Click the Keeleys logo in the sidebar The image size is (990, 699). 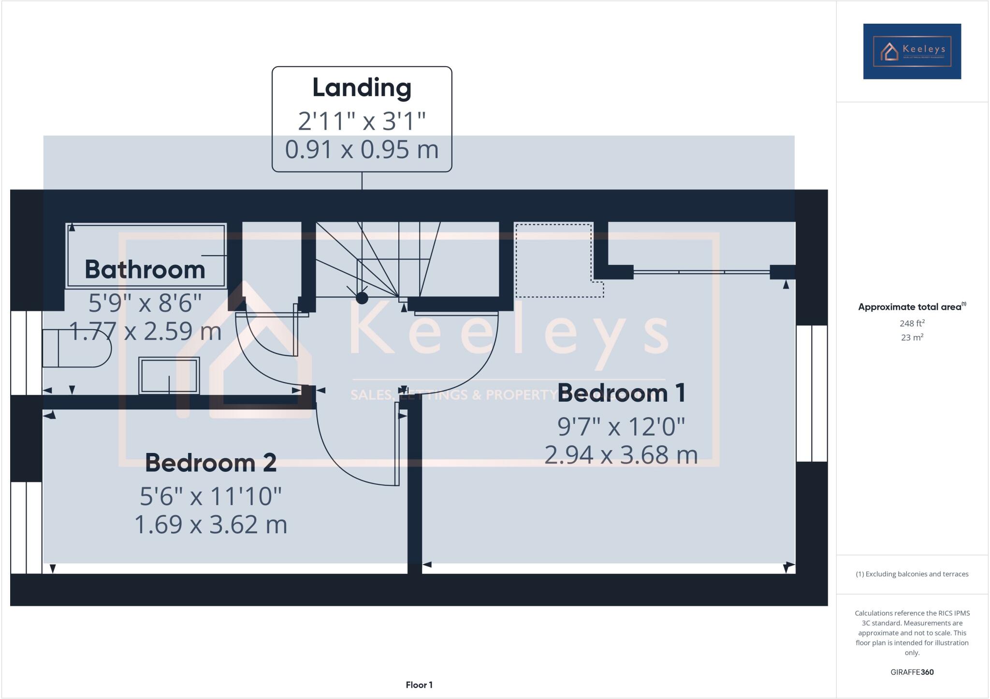pyautogui.click(x=912, y=51)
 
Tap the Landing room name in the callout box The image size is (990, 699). pyautogui.click(x=362, y=87)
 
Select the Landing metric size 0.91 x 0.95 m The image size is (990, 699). pyautogui.click(x=362, y=149)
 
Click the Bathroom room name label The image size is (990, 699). pyautogui.click(x=145, y=269)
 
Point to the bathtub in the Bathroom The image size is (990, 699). pyautogui.click(x=146, y=255)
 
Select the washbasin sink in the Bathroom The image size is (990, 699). pyautogui.click(x=169, y=376)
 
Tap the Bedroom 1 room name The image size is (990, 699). pyautogui.click(x=621, y=393)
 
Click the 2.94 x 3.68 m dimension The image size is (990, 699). pyautogui.click(x=621, y=455)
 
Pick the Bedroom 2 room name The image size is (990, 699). pyautogui.click(x=211, y=463)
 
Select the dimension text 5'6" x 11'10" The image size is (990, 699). pyautogui.click(x=211, y=496)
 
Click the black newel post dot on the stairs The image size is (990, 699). pyautogui.click(x=362, y=298)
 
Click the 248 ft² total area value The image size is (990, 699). pyautogui.click(x=912, y=323)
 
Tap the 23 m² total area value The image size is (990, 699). pyautogui.click(x=912, y=337)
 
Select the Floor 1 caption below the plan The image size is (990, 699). pyautogui.click(x=419, y=684)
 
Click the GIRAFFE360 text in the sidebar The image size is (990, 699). pyautogui.click(x=912, y=672)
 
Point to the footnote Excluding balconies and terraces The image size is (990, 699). pyautogui.click(x=912, y=574)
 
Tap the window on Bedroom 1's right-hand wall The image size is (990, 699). pyautogui.click(x=812, y=393)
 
